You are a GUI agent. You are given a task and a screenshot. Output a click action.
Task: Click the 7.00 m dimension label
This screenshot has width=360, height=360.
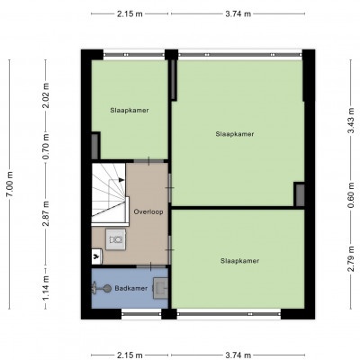tap(10, 184)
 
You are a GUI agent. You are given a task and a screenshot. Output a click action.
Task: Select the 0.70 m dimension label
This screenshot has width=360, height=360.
tap(46, 147)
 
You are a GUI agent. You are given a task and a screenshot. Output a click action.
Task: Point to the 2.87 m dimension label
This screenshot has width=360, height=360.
tap(46, 213)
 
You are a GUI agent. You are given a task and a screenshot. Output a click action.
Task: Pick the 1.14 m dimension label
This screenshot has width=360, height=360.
tap(46, 288)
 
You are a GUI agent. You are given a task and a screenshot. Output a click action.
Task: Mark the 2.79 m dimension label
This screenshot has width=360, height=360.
tap(351, 258)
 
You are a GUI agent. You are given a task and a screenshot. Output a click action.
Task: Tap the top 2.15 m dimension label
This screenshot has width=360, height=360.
tap(130, 13)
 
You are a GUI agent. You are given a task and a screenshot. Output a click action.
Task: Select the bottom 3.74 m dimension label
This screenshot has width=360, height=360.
tap(238, 355)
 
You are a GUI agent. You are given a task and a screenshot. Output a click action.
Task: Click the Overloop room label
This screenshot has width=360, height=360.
tap(148, 211)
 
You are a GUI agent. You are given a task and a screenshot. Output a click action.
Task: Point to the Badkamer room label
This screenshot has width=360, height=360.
tap(131, 288)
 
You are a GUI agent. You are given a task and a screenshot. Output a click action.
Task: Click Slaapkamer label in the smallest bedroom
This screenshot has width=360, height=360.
tap(130, 110)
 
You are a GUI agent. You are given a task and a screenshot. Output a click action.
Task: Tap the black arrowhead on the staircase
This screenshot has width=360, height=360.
tap(121, 180)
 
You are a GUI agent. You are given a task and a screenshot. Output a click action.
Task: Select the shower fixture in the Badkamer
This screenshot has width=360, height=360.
tap(101, 289)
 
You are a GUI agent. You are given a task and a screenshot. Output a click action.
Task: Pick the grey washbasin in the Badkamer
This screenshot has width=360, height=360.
tap(160, 288)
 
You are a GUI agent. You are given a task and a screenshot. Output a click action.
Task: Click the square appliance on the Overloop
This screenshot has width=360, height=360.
tap(115, 239)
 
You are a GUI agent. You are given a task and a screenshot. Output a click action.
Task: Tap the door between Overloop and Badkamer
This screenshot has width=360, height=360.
tap(151, 266)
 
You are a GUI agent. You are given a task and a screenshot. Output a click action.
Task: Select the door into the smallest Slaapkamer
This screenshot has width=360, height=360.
tap(148, 161)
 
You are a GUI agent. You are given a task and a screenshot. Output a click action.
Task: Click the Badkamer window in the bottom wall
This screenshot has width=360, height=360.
tap(141, 314)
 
